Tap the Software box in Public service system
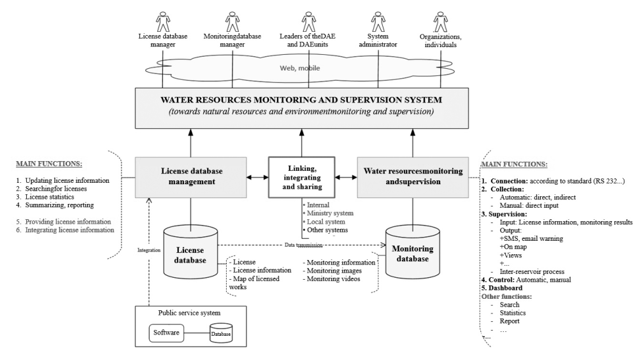167,332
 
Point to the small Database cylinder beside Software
221,333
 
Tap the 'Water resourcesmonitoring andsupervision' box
413,176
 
